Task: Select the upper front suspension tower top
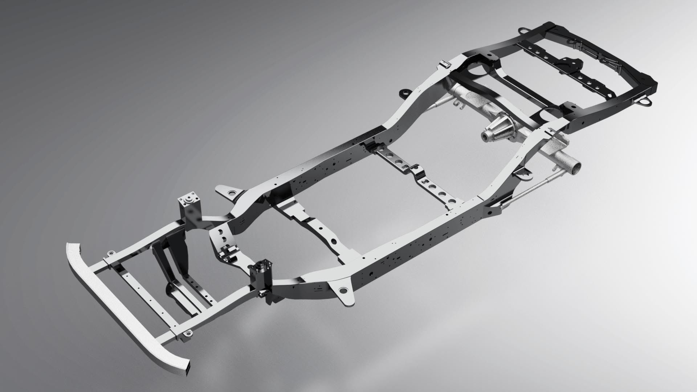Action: coord(189,200)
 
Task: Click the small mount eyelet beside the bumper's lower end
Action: coord(187,333)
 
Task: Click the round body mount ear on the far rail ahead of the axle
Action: coord(404,93)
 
